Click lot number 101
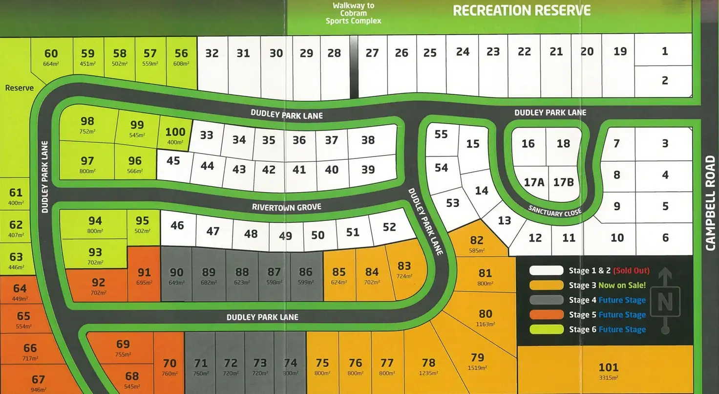pos(608,367)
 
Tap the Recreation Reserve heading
pos(522,10)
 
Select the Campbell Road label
pos(711,203)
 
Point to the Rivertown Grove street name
pos(287,207)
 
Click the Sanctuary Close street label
pos(555,211)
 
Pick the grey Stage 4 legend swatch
pos(547,300)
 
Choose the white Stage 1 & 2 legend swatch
pos(547,270)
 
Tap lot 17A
pos(534,182)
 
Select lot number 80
pos(485,314)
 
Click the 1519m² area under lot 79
pos(477,368)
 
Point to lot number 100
pos(175,132)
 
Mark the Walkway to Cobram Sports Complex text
pos(353,13)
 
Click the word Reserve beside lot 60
pos(20,88)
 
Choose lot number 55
pos(441,134)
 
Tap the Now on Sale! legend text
pos(621,285)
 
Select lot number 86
pos(306,272)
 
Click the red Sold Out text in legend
pos(631,270)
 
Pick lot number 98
pos(87,121)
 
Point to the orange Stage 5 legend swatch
pos(547,314)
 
